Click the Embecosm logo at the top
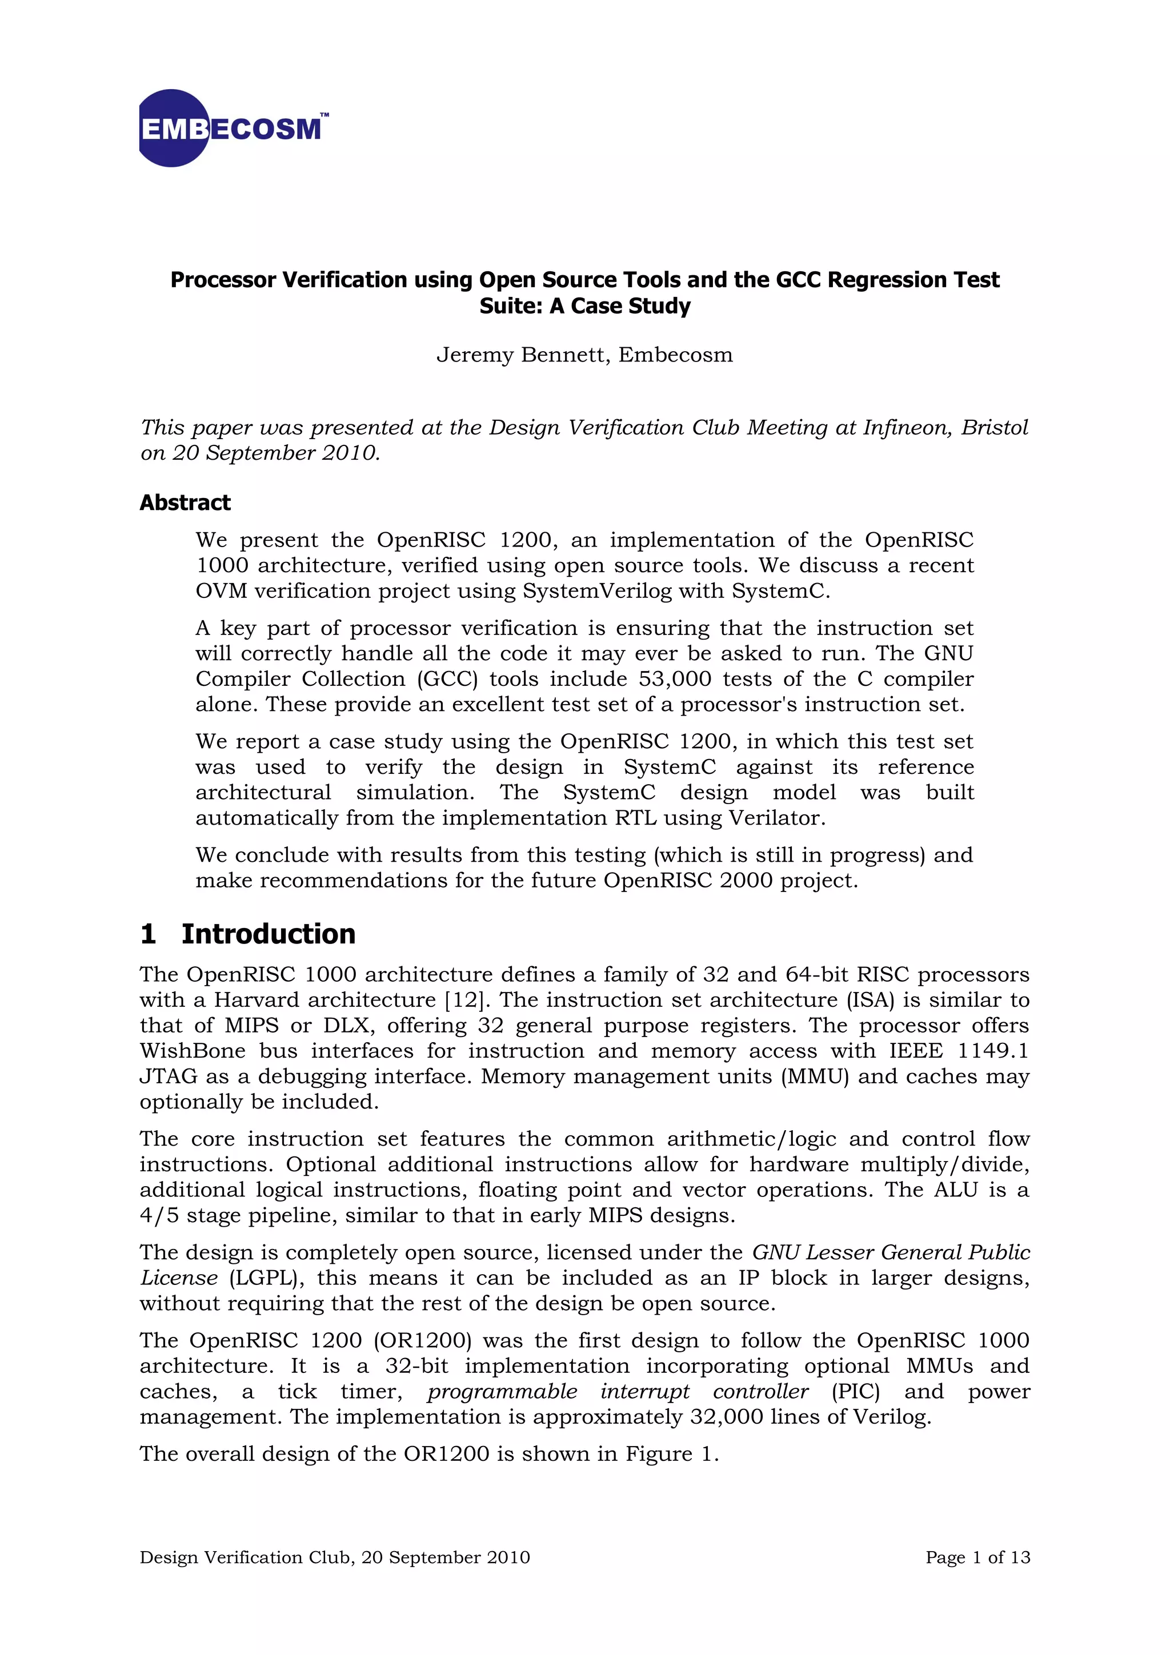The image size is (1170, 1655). [x=232, y=128]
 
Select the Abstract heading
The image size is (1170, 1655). [x=185, y=503]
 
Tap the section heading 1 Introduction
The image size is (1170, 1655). [x=248, y=934]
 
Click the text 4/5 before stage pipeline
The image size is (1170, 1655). [x=159, y=1215]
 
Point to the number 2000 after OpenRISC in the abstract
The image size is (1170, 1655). [x=747, y=881]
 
